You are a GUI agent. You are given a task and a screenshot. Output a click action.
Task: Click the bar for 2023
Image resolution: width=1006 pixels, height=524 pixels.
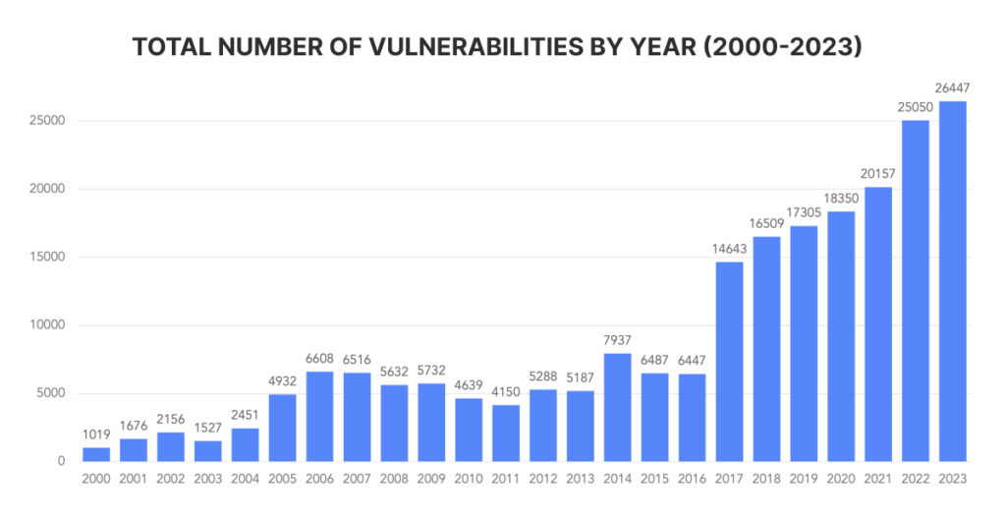pyautogui.click(x=952, y=281)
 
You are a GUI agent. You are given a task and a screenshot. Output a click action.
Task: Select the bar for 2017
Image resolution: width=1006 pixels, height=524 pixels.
pyautogui.click(x=729, y=362)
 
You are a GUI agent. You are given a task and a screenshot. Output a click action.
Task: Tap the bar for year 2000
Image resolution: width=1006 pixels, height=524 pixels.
pyautogui.click(x=95, y=454)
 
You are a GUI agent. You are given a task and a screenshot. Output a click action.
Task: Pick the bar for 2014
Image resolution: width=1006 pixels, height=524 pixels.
pyautogui.click(x=617, y=407)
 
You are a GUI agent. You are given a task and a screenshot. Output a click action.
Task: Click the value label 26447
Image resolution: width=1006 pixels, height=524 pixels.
pyautogui.click(x=952, y=88)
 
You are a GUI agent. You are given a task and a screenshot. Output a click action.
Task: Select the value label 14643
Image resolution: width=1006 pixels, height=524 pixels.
pyautogui.click(x=729, y=249)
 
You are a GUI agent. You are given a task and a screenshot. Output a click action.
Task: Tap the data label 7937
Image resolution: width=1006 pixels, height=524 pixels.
pyautogui.click(x=617, y=340)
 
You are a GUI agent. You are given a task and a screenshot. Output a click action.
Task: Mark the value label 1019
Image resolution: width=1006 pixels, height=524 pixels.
pyautogui.click(x=95, y=435)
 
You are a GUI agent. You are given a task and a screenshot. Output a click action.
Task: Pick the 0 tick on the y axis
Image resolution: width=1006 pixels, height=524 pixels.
pyautogui.click(x=61, y=461)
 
